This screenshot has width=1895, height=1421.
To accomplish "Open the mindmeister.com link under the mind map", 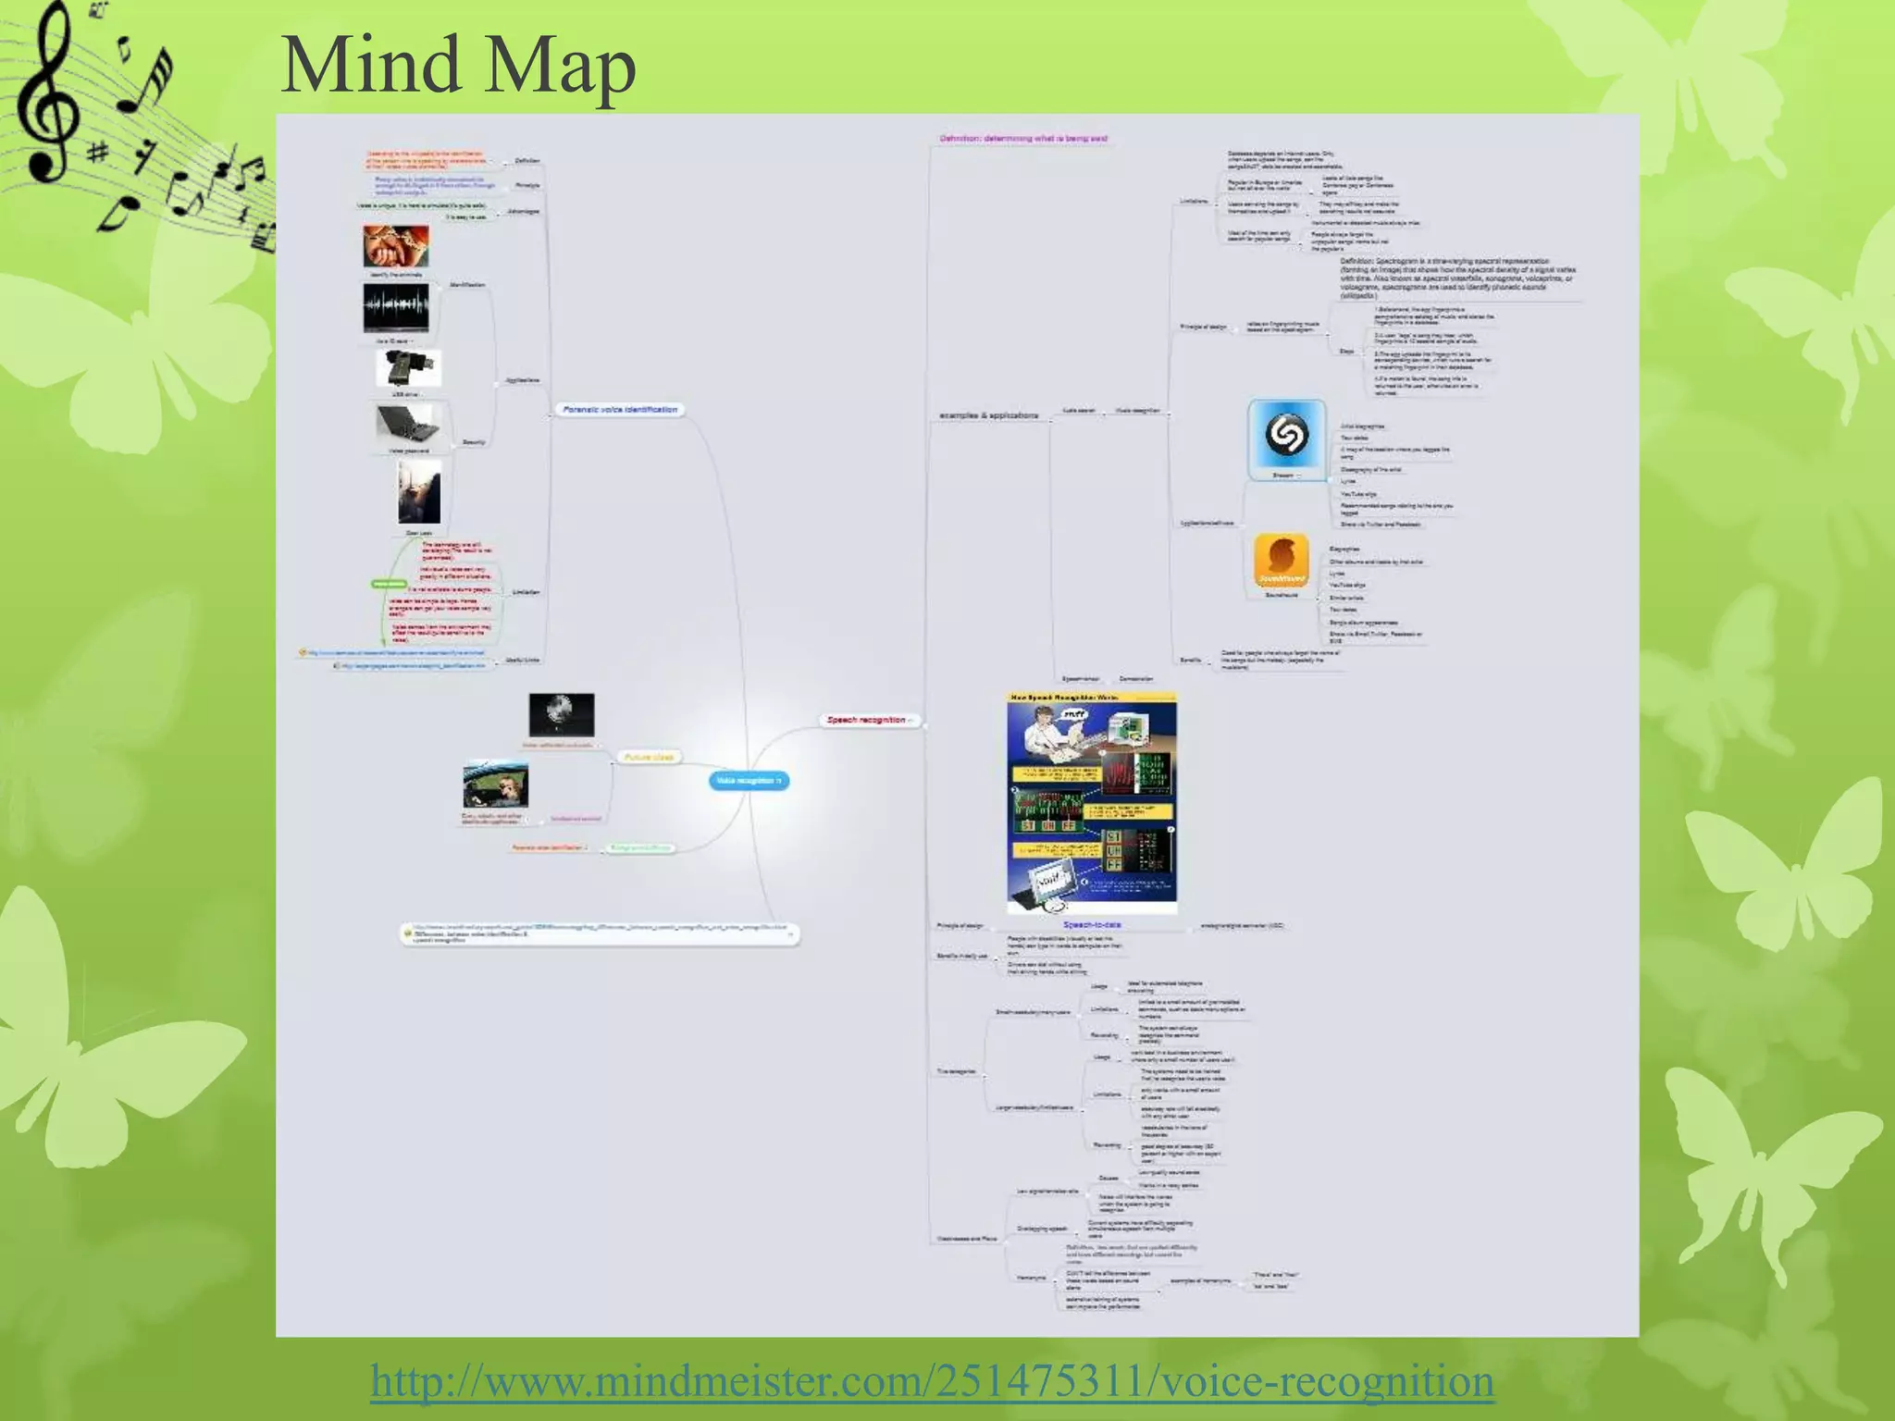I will click(932, 1380).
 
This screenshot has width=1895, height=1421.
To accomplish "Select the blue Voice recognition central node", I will click(749, 781).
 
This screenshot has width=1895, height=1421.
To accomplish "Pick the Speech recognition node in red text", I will click(867, 720).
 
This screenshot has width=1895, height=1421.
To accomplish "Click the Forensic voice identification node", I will click(620, 409).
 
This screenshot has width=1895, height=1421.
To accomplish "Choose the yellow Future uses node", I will click(649, 757).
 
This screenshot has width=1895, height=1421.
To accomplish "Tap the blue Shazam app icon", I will click(1286, 436).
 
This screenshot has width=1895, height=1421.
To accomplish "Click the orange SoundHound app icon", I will click(1282, 560).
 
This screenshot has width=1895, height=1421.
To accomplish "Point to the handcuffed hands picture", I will click(396, 246).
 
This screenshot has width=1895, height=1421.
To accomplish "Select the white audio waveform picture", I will click(396, 307).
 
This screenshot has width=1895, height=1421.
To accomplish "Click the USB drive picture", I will click(408, 369).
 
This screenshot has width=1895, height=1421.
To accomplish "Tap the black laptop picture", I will click(408, 425).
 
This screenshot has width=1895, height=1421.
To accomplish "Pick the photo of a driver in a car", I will click(496, 786).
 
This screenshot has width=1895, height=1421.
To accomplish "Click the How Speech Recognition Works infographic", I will click(1092, 802).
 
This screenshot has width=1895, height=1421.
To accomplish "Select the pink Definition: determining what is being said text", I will click(1023, 139).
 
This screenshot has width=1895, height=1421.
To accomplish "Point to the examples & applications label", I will click(988, 415).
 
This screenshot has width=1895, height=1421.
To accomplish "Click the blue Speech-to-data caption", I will click(1092, 924).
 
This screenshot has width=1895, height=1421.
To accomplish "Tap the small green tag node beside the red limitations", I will click(389, 584).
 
